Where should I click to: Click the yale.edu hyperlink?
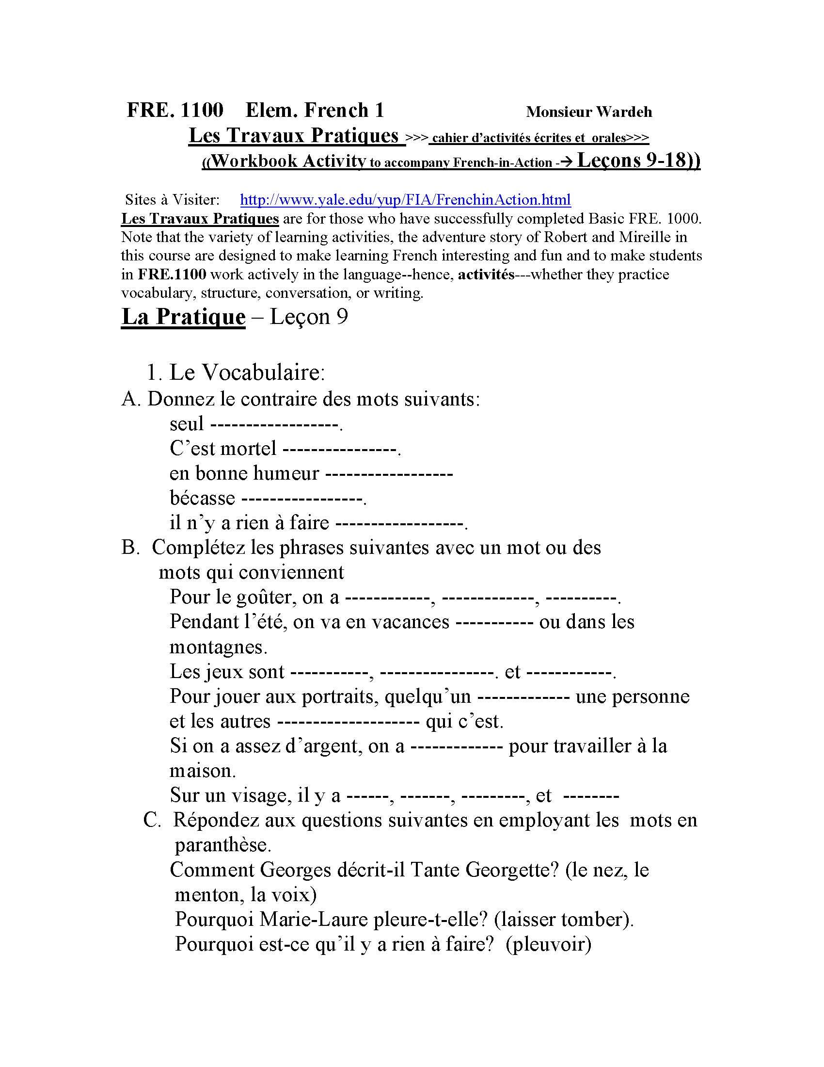click(x=405, y=199)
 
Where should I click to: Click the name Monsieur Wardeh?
click(x=589, y=112)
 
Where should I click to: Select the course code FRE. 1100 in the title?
click(x=175, y=110)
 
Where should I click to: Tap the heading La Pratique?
click(x=183, y=317)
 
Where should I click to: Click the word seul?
click(x=187, y=423)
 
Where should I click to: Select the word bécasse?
click(x=202, y=498)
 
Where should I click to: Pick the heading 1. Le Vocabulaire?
click(x=235, y=372)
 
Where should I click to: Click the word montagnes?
click(x=218, y=647)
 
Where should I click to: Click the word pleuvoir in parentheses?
click(x=549, y=943)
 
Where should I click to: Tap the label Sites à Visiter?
click(x=173, y=199)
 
